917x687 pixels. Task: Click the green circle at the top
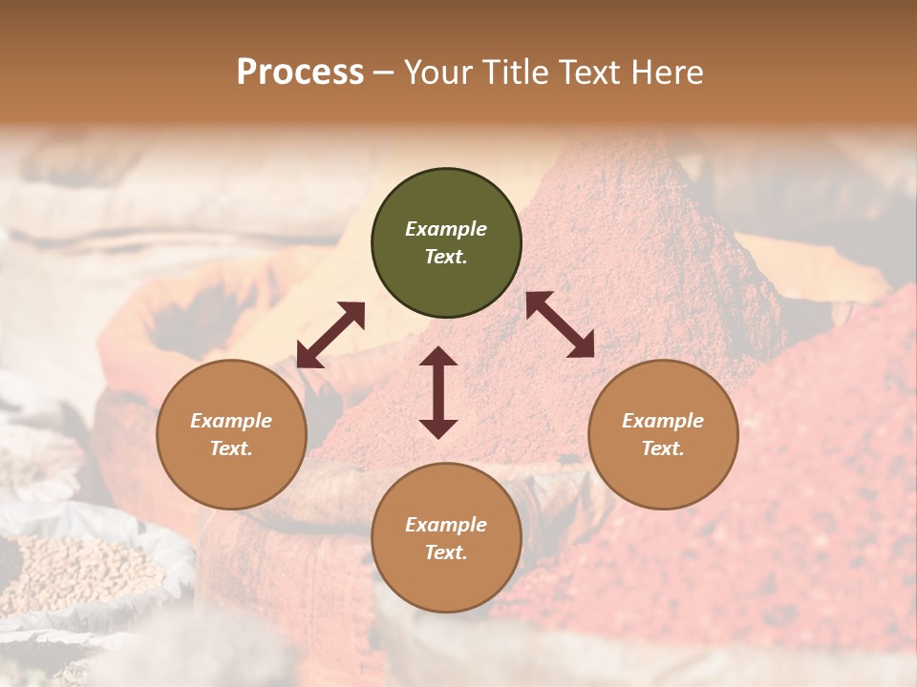pos(446,243)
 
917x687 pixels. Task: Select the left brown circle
pos(231,435)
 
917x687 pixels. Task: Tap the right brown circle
pos(663,435)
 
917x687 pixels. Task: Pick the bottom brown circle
pos(446,538)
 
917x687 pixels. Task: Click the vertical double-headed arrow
pos(438,392)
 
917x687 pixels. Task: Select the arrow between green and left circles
pos(331,335)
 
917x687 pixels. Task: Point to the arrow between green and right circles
pos(560,324)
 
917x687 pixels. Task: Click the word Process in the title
pos(300,72)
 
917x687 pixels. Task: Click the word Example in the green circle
pos(446,229)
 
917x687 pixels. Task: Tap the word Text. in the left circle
pos(231,448)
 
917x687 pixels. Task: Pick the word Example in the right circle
pos(663,421)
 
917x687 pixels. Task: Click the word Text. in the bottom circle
pos(446,552)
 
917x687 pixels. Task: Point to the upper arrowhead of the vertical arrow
pos(438,357)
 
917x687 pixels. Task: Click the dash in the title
pos(384,73)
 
